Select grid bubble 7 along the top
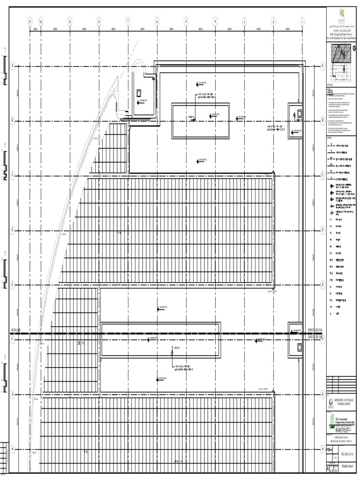pyautogui.click(x=128, y=22)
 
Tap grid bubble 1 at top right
pyautogui.click(x=302, y=22)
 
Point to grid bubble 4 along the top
pyautogui.click(x=215, y=22)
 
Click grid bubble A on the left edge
pyautogui.click(x=13, y=66)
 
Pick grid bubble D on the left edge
pyautogui.click(x=13, y=230)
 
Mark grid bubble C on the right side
pyautogui.click(x=322, y=175)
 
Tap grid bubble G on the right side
pyautogui.click(x=322, y=394)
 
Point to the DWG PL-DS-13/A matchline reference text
pyautogui.click(x=315, y=330)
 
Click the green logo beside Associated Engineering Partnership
pyautogui.click(x=331, y=419)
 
